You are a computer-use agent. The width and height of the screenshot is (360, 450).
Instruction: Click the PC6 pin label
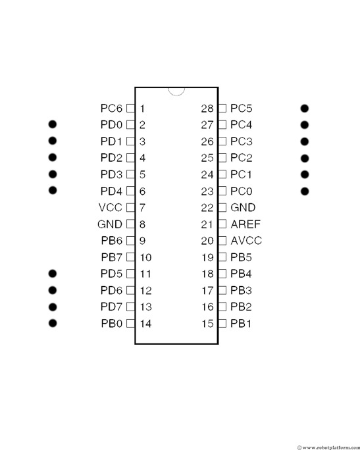pyautogui.click(x=111, y=109)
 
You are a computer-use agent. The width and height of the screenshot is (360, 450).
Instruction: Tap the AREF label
pyautogui.click(x=245, y=224)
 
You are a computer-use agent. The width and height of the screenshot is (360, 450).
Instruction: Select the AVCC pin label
pyautogui.click(x=246, y=241)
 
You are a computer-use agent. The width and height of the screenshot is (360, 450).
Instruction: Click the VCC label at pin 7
pyautogui.click(x=111, y=207)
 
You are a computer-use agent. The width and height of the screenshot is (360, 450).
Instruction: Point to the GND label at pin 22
pyautogui.click(x=243, y=207)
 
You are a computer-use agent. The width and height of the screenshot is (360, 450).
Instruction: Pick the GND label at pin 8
pyautogui.click(x=110, y=224)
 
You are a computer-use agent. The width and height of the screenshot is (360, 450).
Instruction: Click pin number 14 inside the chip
pyautogui.click(x=145, y=324)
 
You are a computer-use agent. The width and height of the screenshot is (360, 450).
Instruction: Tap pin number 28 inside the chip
pyautogui.click(x=207, y=109)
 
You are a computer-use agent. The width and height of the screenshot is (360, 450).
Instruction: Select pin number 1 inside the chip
pyautogui.click(x=142, y=109)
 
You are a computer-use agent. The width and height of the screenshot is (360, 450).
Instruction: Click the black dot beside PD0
pyautogui.click(x=53, y=124)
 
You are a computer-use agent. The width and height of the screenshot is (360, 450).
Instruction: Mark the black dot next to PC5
pyautogui.click(x=305, y=109)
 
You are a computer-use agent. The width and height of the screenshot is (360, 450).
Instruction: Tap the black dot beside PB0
pyautogui.click(x=53, y=323)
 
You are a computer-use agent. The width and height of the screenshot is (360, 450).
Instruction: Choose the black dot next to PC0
pyautogui.click(x=305, y=191)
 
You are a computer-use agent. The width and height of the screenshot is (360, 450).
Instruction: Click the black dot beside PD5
pyautogui.click(x=53, y=274)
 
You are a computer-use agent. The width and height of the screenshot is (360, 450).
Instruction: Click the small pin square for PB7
pyautogui.click(x=130, y=257)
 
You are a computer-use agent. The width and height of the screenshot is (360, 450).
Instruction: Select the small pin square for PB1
pyautogui.click(x=222, y=323)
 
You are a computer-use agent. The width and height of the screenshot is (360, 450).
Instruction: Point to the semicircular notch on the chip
pyautogui.click(x=176, y=95)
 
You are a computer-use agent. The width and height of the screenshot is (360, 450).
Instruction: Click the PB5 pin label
pyautogui.click(x=241, y=257)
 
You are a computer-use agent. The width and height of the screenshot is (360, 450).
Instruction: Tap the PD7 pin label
pyautogui.click(x=111, y=307)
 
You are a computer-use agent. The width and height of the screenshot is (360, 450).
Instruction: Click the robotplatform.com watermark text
pyautogui.click(x=328, y=447)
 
